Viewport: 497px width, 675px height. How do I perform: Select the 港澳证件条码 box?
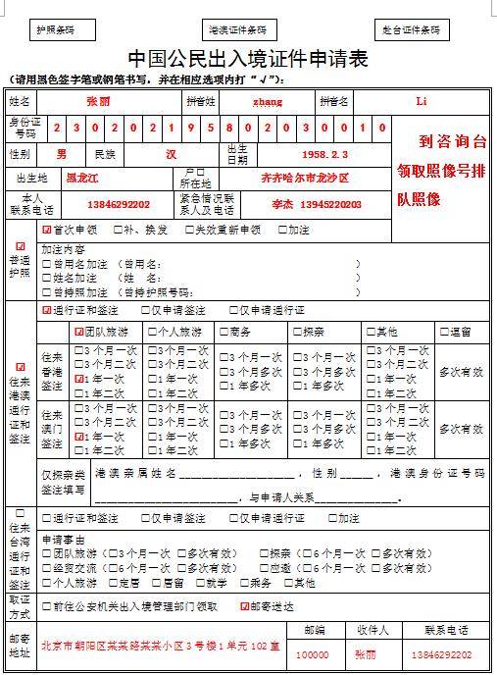click(x=236, y=30)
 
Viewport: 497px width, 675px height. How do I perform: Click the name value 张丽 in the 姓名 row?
click(x=98, y=101)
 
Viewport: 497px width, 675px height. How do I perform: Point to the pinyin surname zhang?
click(x=267, y=101)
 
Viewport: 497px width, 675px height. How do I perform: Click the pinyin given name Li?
click(x=422, y=101)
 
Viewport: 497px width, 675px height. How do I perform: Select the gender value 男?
click(x=62, y=154)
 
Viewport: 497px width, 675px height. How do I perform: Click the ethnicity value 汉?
click(x=171, y=154)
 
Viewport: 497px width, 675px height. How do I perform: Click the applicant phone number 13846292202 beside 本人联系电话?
click(x=121, y=204)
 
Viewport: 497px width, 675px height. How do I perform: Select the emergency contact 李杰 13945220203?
click(x=316, y=204)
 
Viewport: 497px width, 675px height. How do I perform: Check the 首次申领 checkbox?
click(x=46, y=230)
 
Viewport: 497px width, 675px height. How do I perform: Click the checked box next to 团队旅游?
click(x=78, y=332)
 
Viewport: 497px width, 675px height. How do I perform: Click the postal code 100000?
click(x=313, y=654)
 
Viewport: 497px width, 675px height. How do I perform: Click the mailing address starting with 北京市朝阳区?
click(x=160, y=647)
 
